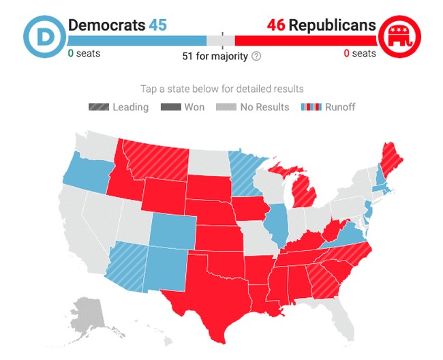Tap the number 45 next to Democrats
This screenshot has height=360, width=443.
pyautogui.click(x=158, y=26)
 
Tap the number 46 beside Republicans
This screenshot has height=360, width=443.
pyautogui.click(x=275, y=26)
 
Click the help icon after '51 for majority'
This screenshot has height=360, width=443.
pyautogui.click(x=256, y=56)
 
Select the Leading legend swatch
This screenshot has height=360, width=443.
pyautogui.click(x=99, y=107)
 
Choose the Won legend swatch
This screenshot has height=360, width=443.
pyautogui.click(x=170, y=107)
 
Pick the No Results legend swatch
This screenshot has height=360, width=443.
pyautogui.click(x=226, y=107)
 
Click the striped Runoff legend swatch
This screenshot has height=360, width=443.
pyautogui.click(x=311, y=107)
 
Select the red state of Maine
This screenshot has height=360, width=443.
pyautogui.click(x=390, y=156)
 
